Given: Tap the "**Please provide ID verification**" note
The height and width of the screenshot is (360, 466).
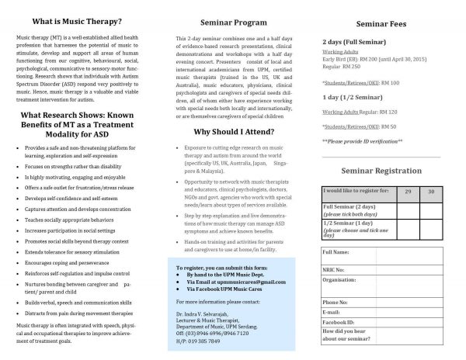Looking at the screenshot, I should coord(362,140).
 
